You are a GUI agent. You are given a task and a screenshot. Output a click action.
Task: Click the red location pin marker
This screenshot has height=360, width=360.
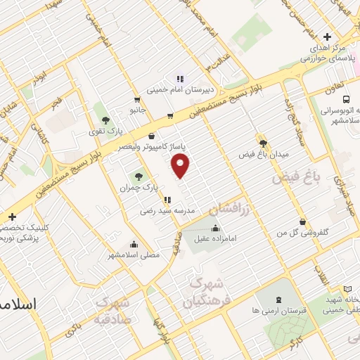(x=181, y=166)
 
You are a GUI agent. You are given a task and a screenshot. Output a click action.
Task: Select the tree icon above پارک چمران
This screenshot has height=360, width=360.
(x=136, y=176)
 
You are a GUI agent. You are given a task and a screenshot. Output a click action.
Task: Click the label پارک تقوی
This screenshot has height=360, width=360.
(x=110, y=131)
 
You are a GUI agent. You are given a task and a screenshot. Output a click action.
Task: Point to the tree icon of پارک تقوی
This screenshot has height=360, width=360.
(x=105, y=120)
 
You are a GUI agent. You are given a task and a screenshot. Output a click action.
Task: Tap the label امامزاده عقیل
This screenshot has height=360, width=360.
(x=215, y=239)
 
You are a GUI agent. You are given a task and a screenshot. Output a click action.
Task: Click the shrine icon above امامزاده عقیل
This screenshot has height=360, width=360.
(x=215, y=228)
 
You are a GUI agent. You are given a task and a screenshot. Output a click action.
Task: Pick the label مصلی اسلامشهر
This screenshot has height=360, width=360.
(x=134, y=255)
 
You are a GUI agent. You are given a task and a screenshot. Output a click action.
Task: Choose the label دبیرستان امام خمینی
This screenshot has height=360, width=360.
(x=179, y=89)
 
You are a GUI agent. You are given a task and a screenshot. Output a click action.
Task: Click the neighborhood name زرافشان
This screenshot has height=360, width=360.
(x=224, y=209)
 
